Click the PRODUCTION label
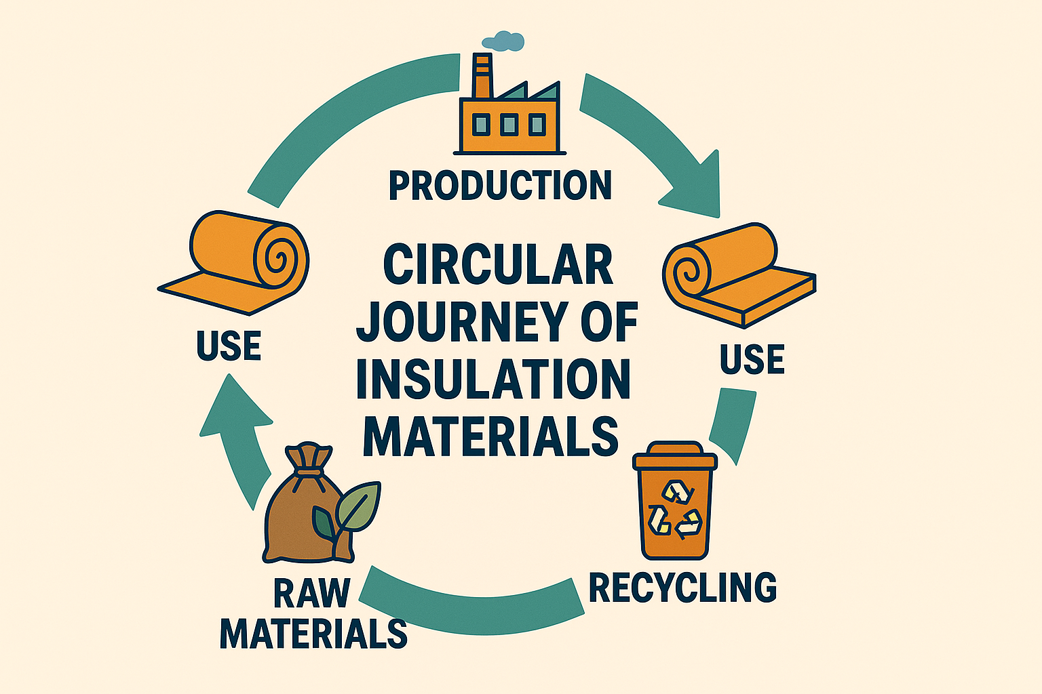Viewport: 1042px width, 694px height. tap(500, 185)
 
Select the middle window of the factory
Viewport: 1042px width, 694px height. tap(508, 124)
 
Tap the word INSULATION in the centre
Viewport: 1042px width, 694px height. tap(493, 380)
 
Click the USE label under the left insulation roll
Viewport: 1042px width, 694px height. tap(229, 346)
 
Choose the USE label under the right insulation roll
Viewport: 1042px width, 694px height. tap(752, 359)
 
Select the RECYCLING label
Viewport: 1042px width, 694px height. tap(682, 587)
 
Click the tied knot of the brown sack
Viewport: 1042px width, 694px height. tap(309, 461)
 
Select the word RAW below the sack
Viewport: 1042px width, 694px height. tap(311, 593)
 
